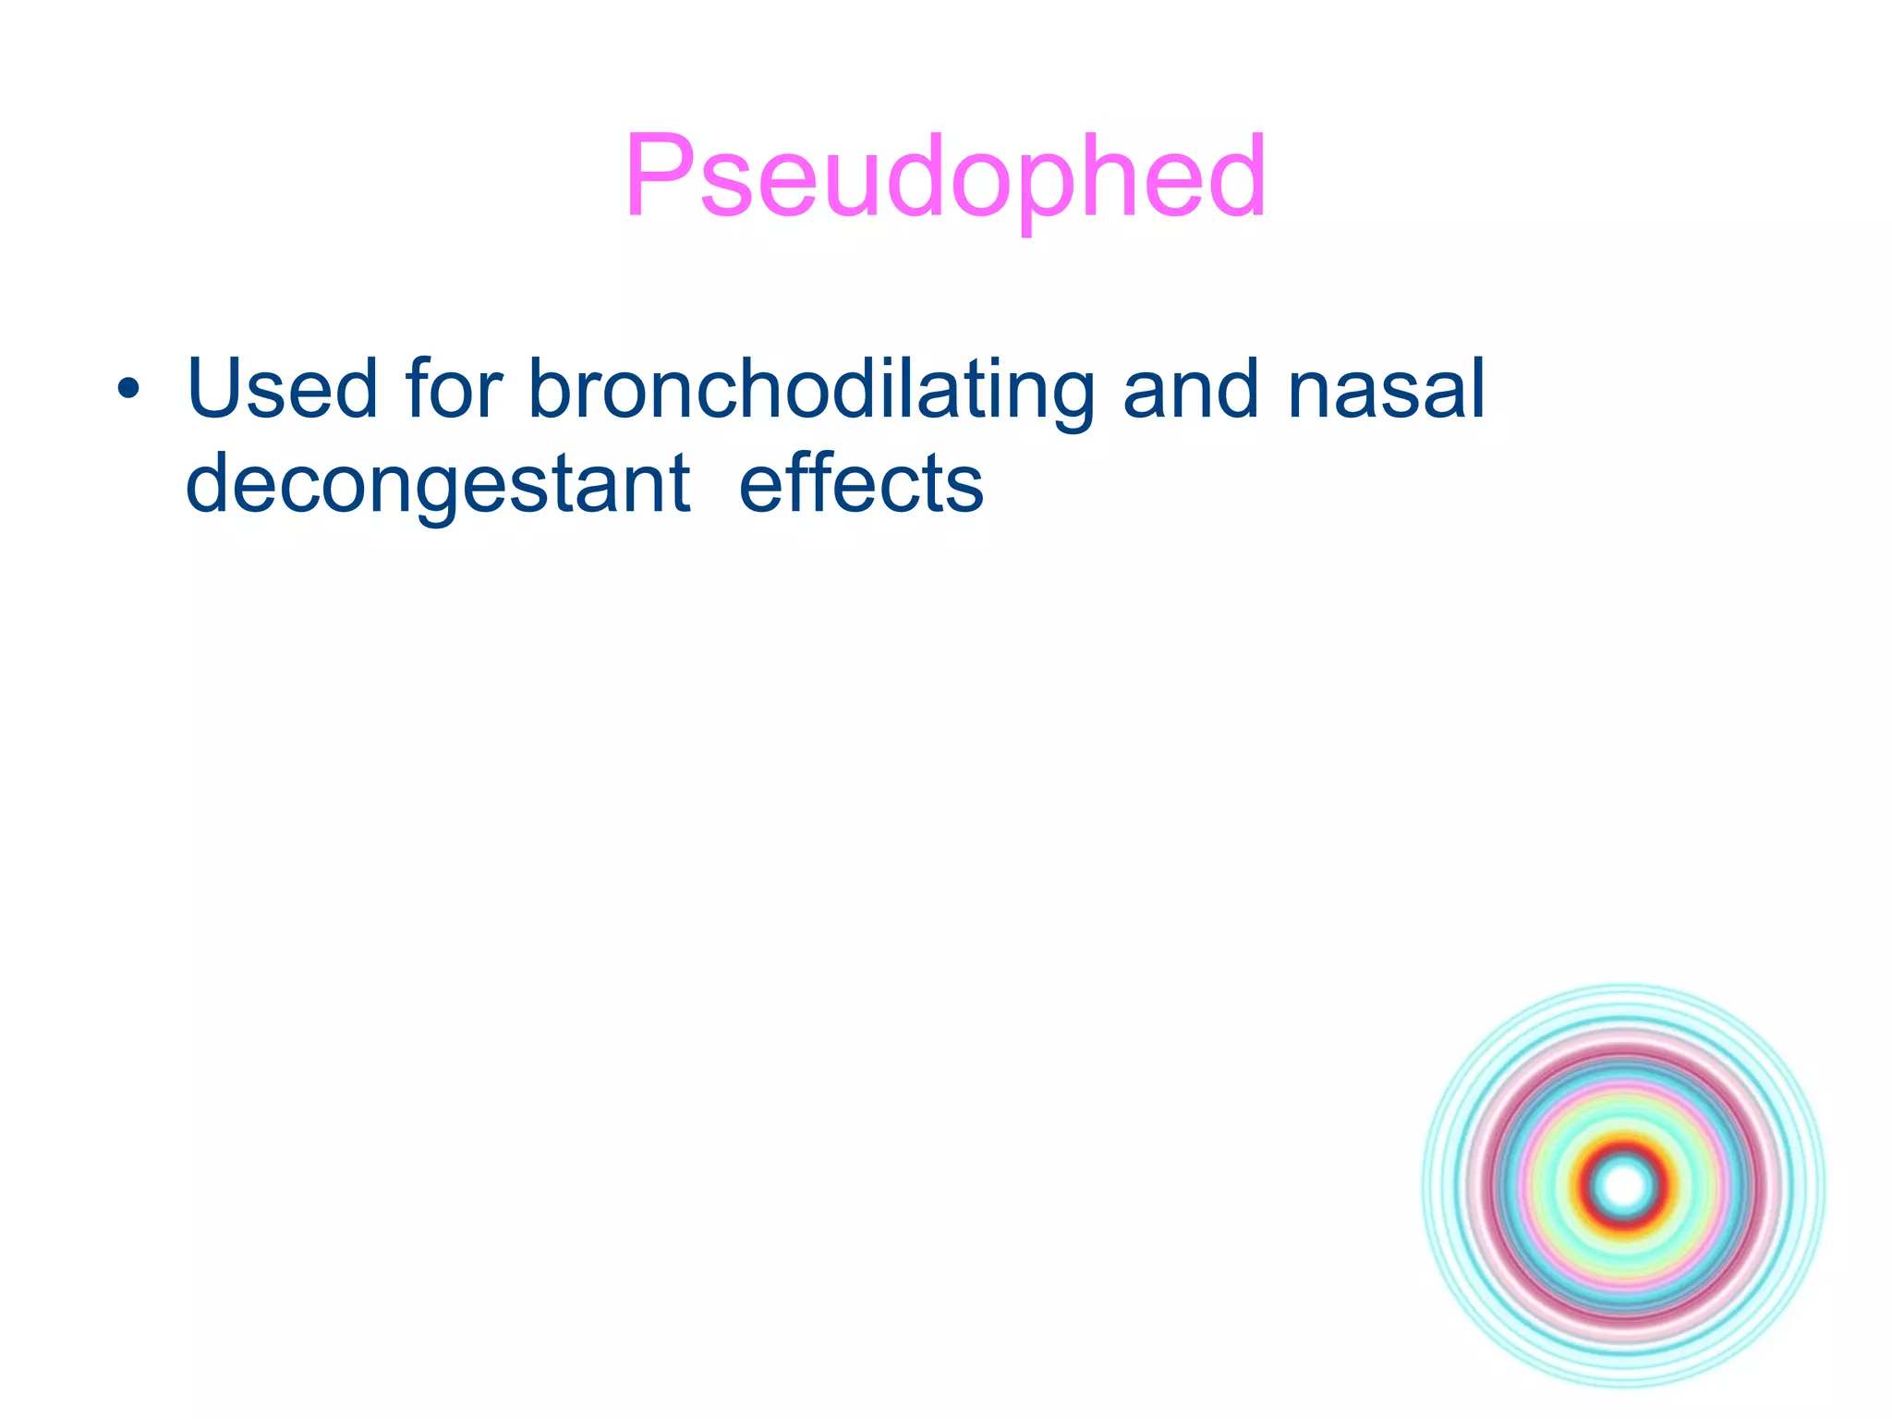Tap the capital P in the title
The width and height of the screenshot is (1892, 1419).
click(658, 176)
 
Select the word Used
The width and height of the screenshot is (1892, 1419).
click(282, 389)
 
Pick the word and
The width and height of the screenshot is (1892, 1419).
click(1191, 389)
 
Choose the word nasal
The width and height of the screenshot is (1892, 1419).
click(1386, 389)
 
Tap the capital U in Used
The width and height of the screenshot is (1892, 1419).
click(218, 389)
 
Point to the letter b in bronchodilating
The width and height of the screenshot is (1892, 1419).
click(550, 389)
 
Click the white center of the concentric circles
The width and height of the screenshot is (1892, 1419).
click(1623, 1185)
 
